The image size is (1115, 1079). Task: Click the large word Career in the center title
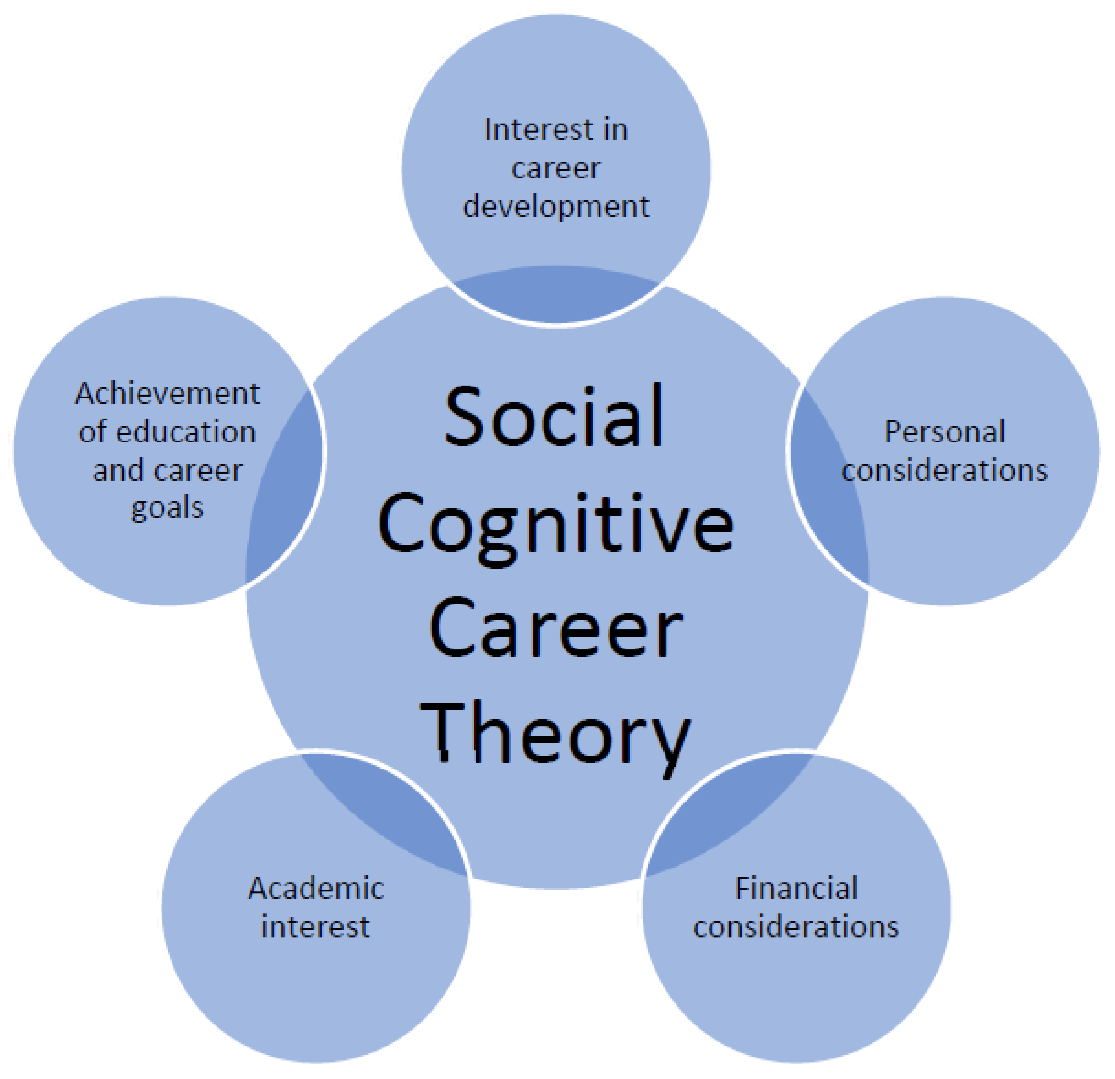555,629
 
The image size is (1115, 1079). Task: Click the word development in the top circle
556,206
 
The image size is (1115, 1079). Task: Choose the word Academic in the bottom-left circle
316,888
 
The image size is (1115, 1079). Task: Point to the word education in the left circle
194,432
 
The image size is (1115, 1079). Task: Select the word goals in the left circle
167,508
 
